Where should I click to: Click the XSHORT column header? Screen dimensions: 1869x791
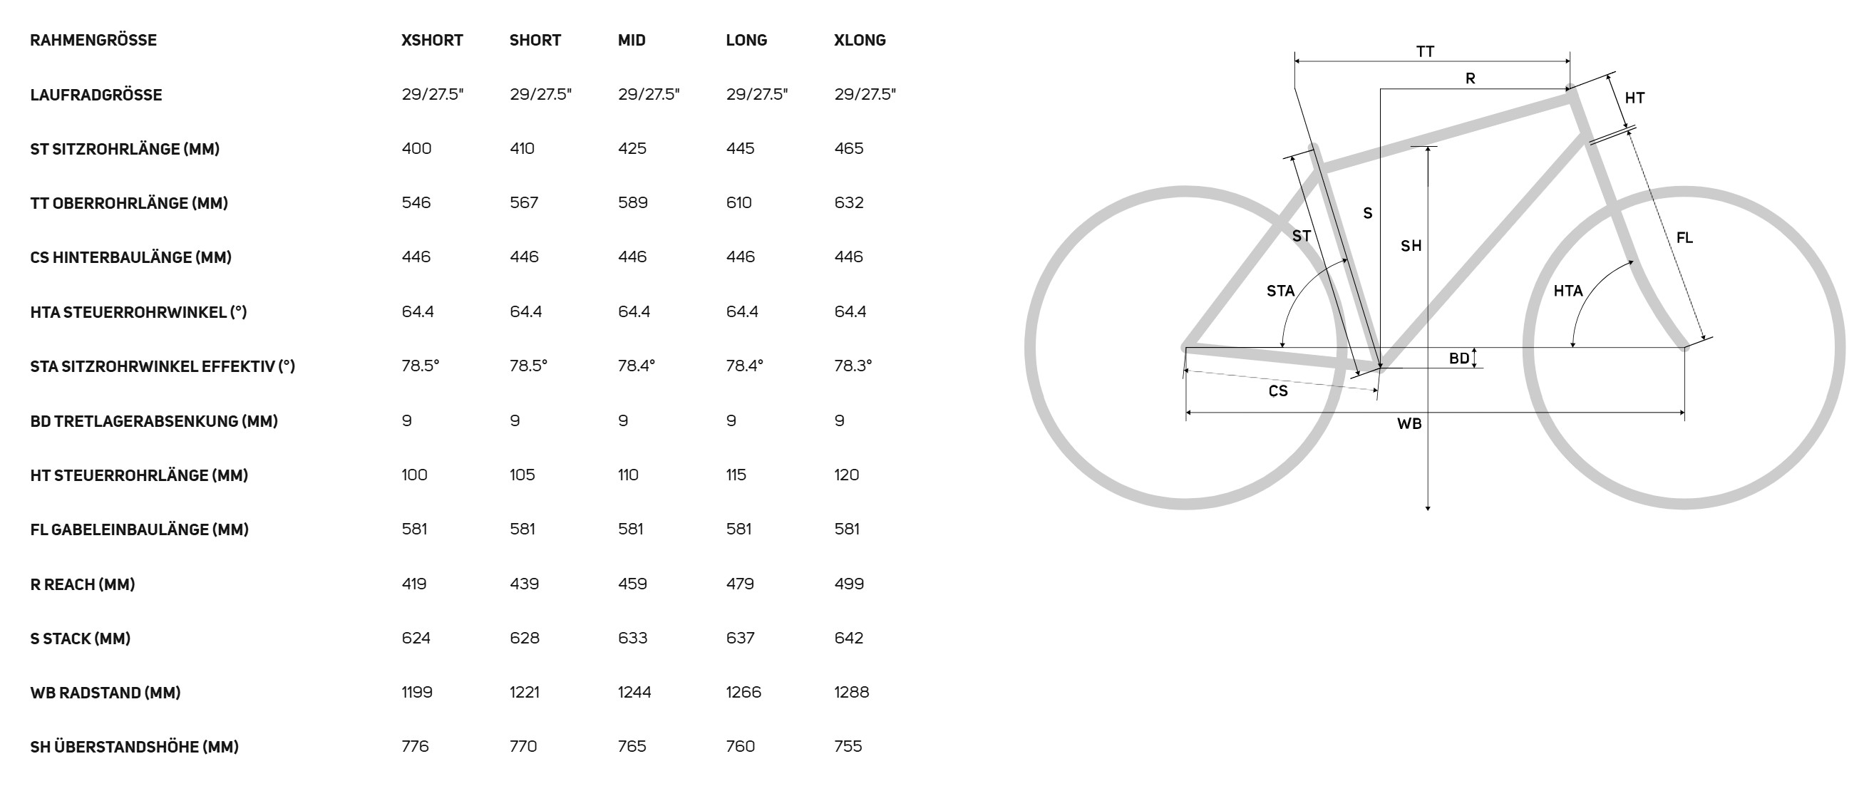pyautogui.click(x=433, y=40)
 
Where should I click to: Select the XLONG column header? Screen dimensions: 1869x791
pyautogui.click(x=860, y=40)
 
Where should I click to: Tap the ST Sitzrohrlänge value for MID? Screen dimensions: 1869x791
pyautogui.click(x=632, y=149)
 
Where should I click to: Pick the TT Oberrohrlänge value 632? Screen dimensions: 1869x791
pyautogui.click(x=849, y=203)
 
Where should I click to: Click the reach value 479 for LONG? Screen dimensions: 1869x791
pyautogui.click(x=740, y=584)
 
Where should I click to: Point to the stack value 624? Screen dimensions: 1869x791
pyautogui.click(x=416, y=638)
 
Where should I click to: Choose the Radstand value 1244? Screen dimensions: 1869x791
pyautogui.click(x=635, y=693)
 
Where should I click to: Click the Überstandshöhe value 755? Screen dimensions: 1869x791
pyautogui.click(x=848, y=746)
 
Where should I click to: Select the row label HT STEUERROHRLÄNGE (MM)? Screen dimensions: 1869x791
pyautogui.click(x=139, y=475)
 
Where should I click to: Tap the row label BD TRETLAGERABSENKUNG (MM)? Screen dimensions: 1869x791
pyautogui.click(x=154, y=421)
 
